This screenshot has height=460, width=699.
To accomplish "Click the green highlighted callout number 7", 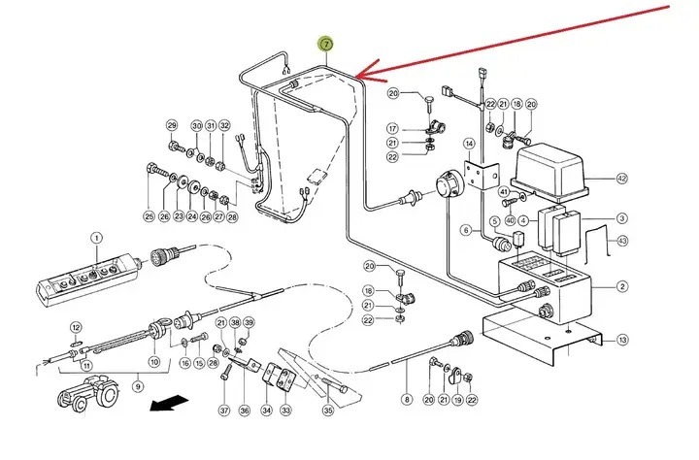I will point(326,45).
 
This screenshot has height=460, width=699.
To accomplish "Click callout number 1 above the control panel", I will point(96,238).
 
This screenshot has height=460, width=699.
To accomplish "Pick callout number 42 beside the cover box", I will point(622,179).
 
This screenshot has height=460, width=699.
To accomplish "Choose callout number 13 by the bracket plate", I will point(622,339).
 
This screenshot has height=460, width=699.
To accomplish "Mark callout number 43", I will point(622,241).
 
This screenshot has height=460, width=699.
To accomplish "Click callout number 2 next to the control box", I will point(622,288).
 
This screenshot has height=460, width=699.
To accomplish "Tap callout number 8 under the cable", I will point(406,399).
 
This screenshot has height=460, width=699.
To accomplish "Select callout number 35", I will point(327,411).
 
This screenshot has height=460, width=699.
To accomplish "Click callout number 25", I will point(149,215).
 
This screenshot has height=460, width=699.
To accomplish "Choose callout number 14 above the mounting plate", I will point(469,144).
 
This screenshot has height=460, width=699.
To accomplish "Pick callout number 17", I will point(394,128).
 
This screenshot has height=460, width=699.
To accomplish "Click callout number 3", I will point(622,219).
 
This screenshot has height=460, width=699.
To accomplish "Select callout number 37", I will point(224,411).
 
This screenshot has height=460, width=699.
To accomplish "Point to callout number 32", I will point(224,126).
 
